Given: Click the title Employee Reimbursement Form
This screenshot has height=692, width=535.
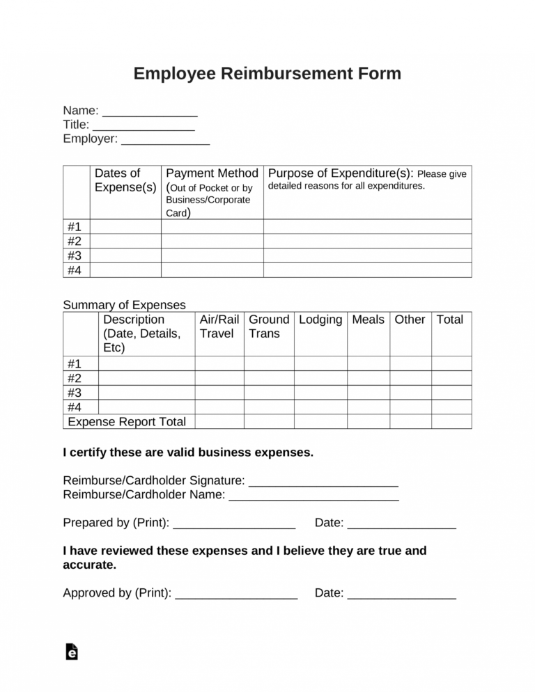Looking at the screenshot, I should coord(267,74).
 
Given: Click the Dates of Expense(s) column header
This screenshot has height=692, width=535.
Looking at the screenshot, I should coord(125,180).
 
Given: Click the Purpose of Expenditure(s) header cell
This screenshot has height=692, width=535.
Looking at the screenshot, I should coord(367,180).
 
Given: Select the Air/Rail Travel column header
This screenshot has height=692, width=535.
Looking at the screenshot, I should coord(219,327).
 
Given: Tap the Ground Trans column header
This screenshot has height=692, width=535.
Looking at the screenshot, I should coord(268,327).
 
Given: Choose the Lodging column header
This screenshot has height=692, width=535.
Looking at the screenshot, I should coord(320,320).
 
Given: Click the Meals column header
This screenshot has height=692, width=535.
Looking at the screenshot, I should coord(368,320).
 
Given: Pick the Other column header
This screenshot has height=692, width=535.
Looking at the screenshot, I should coord(410,320).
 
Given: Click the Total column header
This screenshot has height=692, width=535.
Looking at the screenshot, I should coord(449,320).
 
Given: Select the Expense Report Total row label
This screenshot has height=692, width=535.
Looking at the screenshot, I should coord(127,422).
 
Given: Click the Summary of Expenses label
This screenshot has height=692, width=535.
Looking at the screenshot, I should coord(124,305).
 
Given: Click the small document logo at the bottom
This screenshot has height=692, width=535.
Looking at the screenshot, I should coord(71,652).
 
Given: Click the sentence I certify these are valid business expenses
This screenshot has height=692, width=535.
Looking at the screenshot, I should coord(188,453).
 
